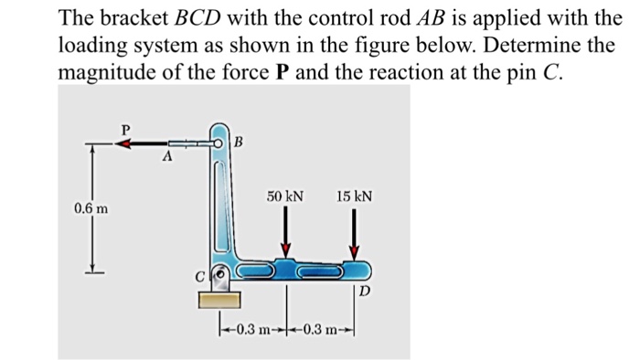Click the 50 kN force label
click(285, 196)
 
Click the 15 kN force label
click(355, 196)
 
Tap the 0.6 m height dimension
click(91, 209)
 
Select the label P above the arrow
click(126, 129)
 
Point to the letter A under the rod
click(165, 158)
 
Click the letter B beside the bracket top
click(239, 142)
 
